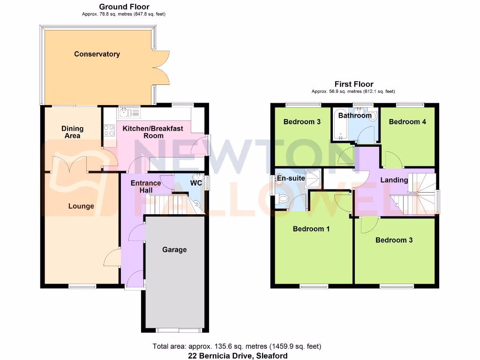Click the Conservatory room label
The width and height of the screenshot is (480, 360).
97,54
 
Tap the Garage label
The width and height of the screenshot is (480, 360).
174,249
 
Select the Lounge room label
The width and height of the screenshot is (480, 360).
81,206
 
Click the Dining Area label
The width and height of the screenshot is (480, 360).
72,132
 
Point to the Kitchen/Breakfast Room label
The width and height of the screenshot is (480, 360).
153,132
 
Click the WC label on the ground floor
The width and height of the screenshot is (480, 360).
196,182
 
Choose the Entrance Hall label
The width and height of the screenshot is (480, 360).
146,187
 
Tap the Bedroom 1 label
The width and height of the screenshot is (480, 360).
311,229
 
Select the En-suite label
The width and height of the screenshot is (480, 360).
291,178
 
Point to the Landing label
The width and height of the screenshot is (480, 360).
394,180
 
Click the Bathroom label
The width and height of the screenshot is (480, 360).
355,115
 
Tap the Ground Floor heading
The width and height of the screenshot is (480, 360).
124,7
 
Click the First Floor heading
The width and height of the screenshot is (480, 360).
354,84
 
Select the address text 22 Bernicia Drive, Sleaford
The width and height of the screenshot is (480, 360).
236,355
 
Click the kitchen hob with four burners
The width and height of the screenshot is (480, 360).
109,130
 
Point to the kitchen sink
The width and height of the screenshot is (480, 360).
128,112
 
